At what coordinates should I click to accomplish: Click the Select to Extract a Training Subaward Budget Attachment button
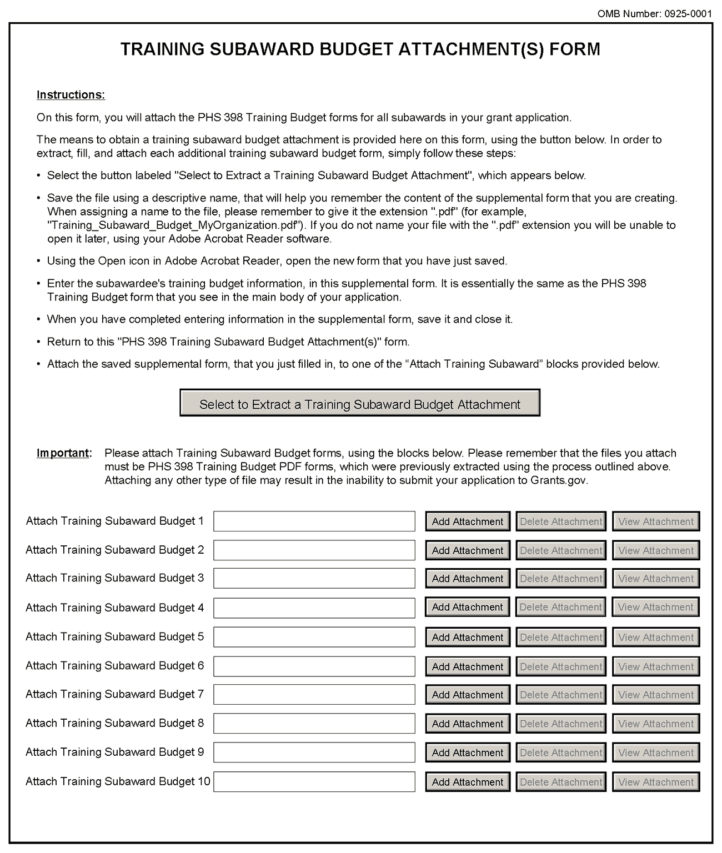[360, 404]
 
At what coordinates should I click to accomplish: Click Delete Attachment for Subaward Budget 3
[561, 579]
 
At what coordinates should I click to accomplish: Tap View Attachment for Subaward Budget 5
[656, 637]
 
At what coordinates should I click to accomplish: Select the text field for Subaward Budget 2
[314, 550]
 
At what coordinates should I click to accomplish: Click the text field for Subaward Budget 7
[314, 695]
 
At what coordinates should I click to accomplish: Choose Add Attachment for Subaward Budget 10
[468, 782]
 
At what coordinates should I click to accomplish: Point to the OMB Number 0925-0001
[654, 14]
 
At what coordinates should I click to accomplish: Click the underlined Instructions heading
[71, 95]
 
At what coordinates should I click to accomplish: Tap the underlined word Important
[63, 453]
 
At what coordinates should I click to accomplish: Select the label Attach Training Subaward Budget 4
[114, 608]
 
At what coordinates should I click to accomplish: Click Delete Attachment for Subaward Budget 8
[561, 724]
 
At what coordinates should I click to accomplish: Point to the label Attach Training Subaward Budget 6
[114, 665]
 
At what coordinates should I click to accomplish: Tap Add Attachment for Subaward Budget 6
[468, 666]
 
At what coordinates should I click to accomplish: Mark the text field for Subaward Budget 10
[314, 782]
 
